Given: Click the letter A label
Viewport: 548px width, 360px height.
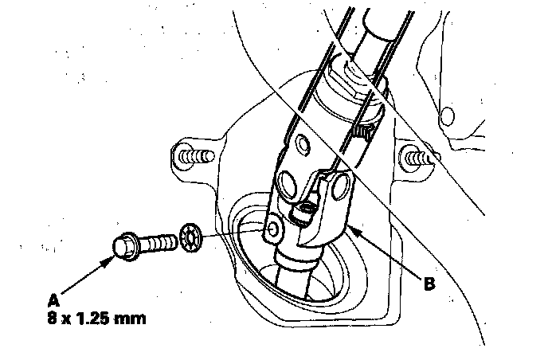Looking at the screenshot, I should point(54,301).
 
